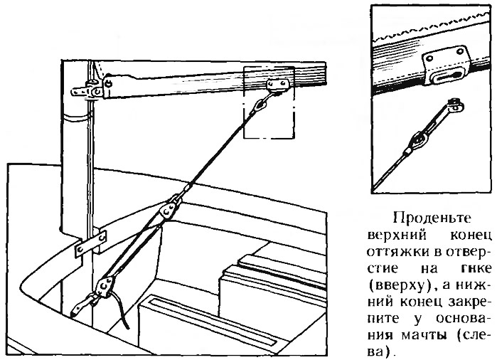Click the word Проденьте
tap(432, 218)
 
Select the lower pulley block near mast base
tap(104, 287)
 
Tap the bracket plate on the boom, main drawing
tap(278, 84)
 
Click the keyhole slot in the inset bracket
tap(444, 77)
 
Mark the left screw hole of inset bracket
tap(429, 59)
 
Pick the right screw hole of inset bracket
tap(459, 51)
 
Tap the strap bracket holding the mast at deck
tap(90, 243)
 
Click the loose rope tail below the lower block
tap(121, 311)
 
